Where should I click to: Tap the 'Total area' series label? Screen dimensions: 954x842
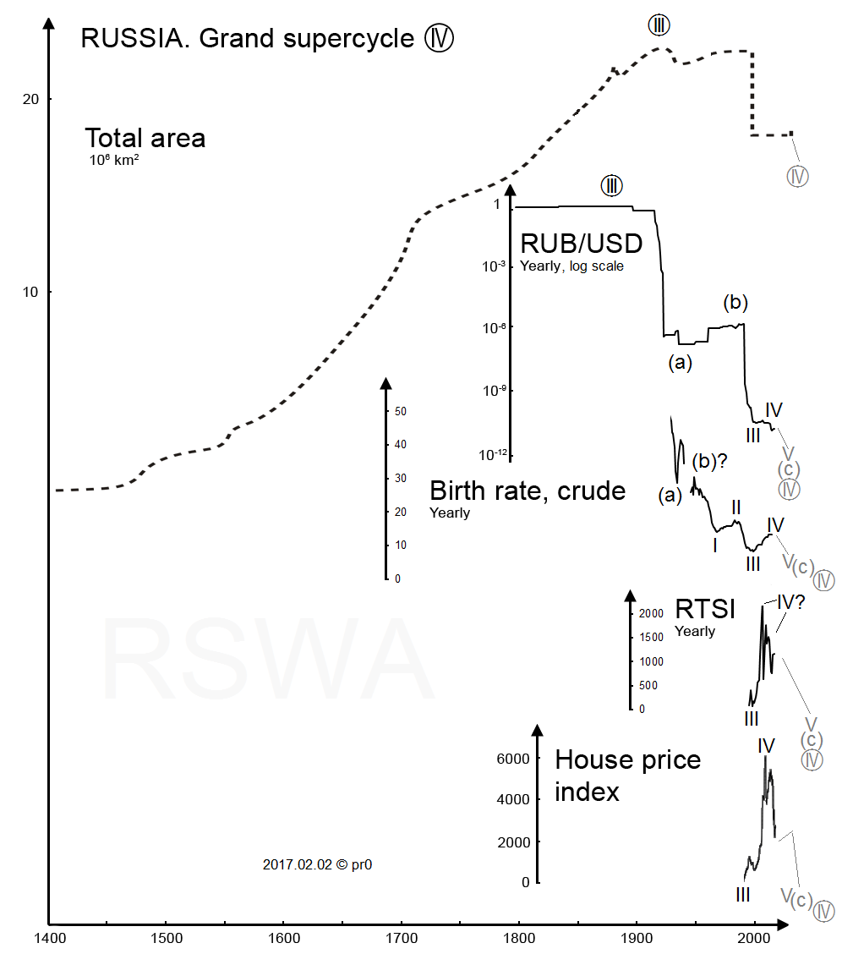(x=145, y=138)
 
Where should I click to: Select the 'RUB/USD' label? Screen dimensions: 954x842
(x=581, y=244)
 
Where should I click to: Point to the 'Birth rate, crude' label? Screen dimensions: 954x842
(x=528, y=491)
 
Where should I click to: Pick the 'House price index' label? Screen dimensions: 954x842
(x=627, y=775)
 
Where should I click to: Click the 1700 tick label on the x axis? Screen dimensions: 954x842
(x=401, y=938)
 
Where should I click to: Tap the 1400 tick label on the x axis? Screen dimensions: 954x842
(x=50, y=938)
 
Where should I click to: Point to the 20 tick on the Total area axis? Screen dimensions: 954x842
(x=30, y=99)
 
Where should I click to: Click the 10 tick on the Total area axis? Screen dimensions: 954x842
(x=30, y=293)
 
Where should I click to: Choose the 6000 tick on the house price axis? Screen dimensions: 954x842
(x=513, y=759)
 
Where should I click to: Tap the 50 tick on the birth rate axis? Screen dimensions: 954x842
(x=400, y=411)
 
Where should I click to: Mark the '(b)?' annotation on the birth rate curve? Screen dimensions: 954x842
(x=710, y=462)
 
